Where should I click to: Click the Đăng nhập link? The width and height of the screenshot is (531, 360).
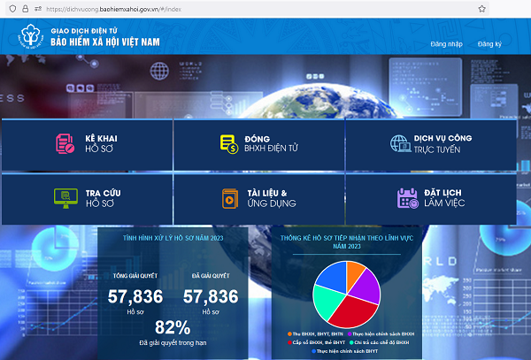click(445, 43)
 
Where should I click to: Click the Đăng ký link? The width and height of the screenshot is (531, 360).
click(489, 43)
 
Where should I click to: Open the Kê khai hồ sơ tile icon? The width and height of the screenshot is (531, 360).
click(65, 144)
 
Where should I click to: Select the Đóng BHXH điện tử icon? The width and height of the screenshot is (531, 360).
click(228, 144)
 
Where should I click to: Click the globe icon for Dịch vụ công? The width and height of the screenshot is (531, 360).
click(400, 144)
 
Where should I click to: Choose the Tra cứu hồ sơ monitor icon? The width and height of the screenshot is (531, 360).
click(65, 197)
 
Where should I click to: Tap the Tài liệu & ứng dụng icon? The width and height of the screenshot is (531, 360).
click(228, 197)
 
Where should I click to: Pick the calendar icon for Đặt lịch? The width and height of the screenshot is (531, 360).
click(407, 197)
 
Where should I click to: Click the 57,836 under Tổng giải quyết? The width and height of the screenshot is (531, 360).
click(135, 297)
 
